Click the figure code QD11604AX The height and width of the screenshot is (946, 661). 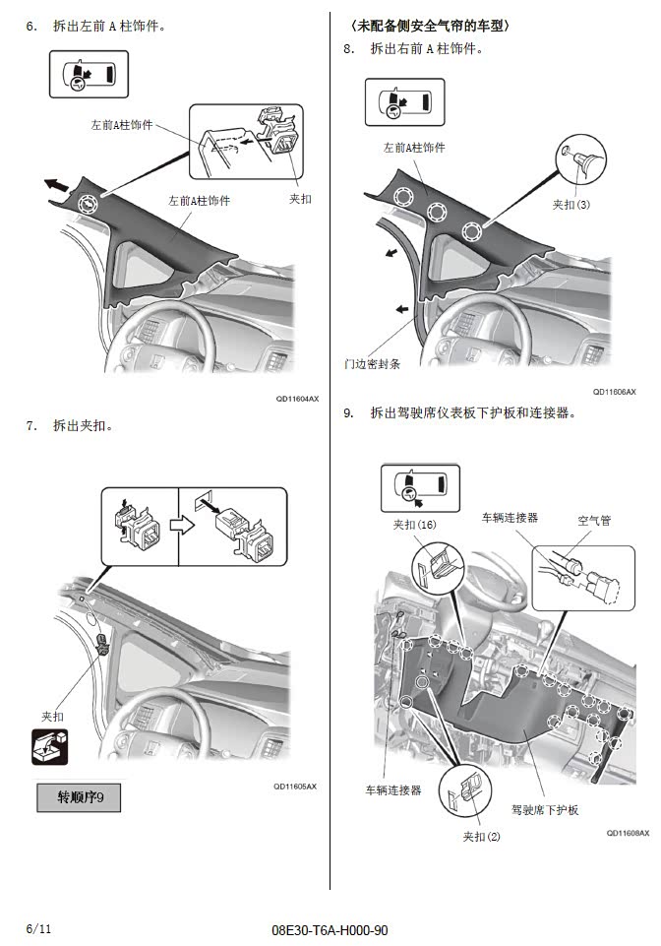[297, 398]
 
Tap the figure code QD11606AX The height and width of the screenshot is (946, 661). [614, 391]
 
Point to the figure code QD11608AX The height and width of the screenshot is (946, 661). [628, 832]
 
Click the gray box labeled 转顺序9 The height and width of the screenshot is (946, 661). [78, 796]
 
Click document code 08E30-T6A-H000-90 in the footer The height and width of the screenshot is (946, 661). [330, 929]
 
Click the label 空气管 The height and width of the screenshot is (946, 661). [593, 520]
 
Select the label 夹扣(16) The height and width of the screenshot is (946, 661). [414, 525]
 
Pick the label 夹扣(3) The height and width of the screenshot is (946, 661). [571, 205]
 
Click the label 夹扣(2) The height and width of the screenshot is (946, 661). [481, 836]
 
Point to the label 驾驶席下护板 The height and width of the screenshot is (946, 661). [545, 810]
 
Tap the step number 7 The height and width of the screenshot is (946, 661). [31, 425]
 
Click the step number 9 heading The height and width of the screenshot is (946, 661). [348, 413]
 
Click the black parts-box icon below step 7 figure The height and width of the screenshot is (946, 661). [50, 746]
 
